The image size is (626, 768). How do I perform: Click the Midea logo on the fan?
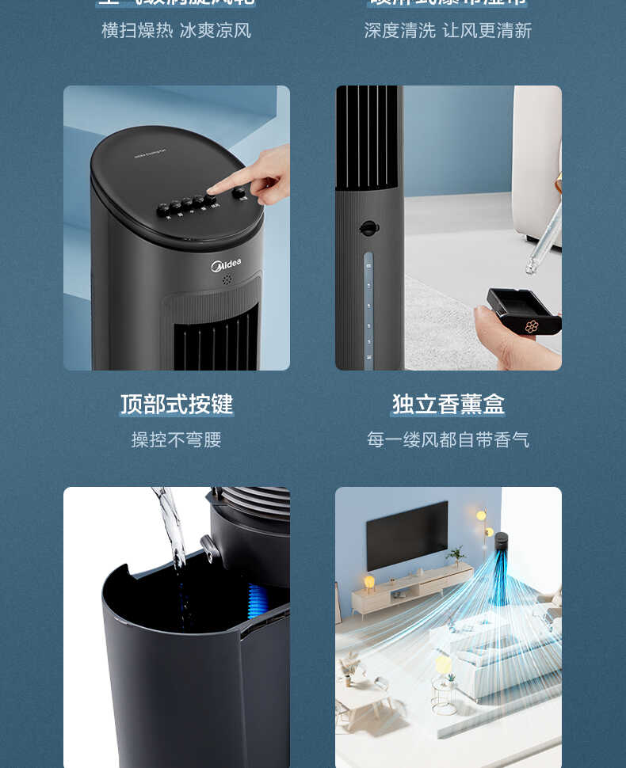226,265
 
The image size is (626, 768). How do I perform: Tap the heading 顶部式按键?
177,405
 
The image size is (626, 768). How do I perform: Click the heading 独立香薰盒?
449,405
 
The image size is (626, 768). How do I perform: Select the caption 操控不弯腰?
176,439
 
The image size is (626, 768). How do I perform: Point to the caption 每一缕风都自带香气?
448,439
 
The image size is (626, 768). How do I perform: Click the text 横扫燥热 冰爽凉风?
176,31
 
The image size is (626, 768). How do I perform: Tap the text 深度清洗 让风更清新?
448,31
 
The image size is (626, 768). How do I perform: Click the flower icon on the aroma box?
532,326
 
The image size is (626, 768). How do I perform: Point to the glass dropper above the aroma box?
545,238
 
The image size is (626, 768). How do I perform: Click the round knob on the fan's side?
368,228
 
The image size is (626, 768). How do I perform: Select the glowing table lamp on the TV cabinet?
369,583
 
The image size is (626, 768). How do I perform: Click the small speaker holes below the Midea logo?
227,280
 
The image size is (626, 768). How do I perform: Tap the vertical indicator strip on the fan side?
368,310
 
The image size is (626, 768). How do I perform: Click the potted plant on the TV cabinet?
456,555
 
